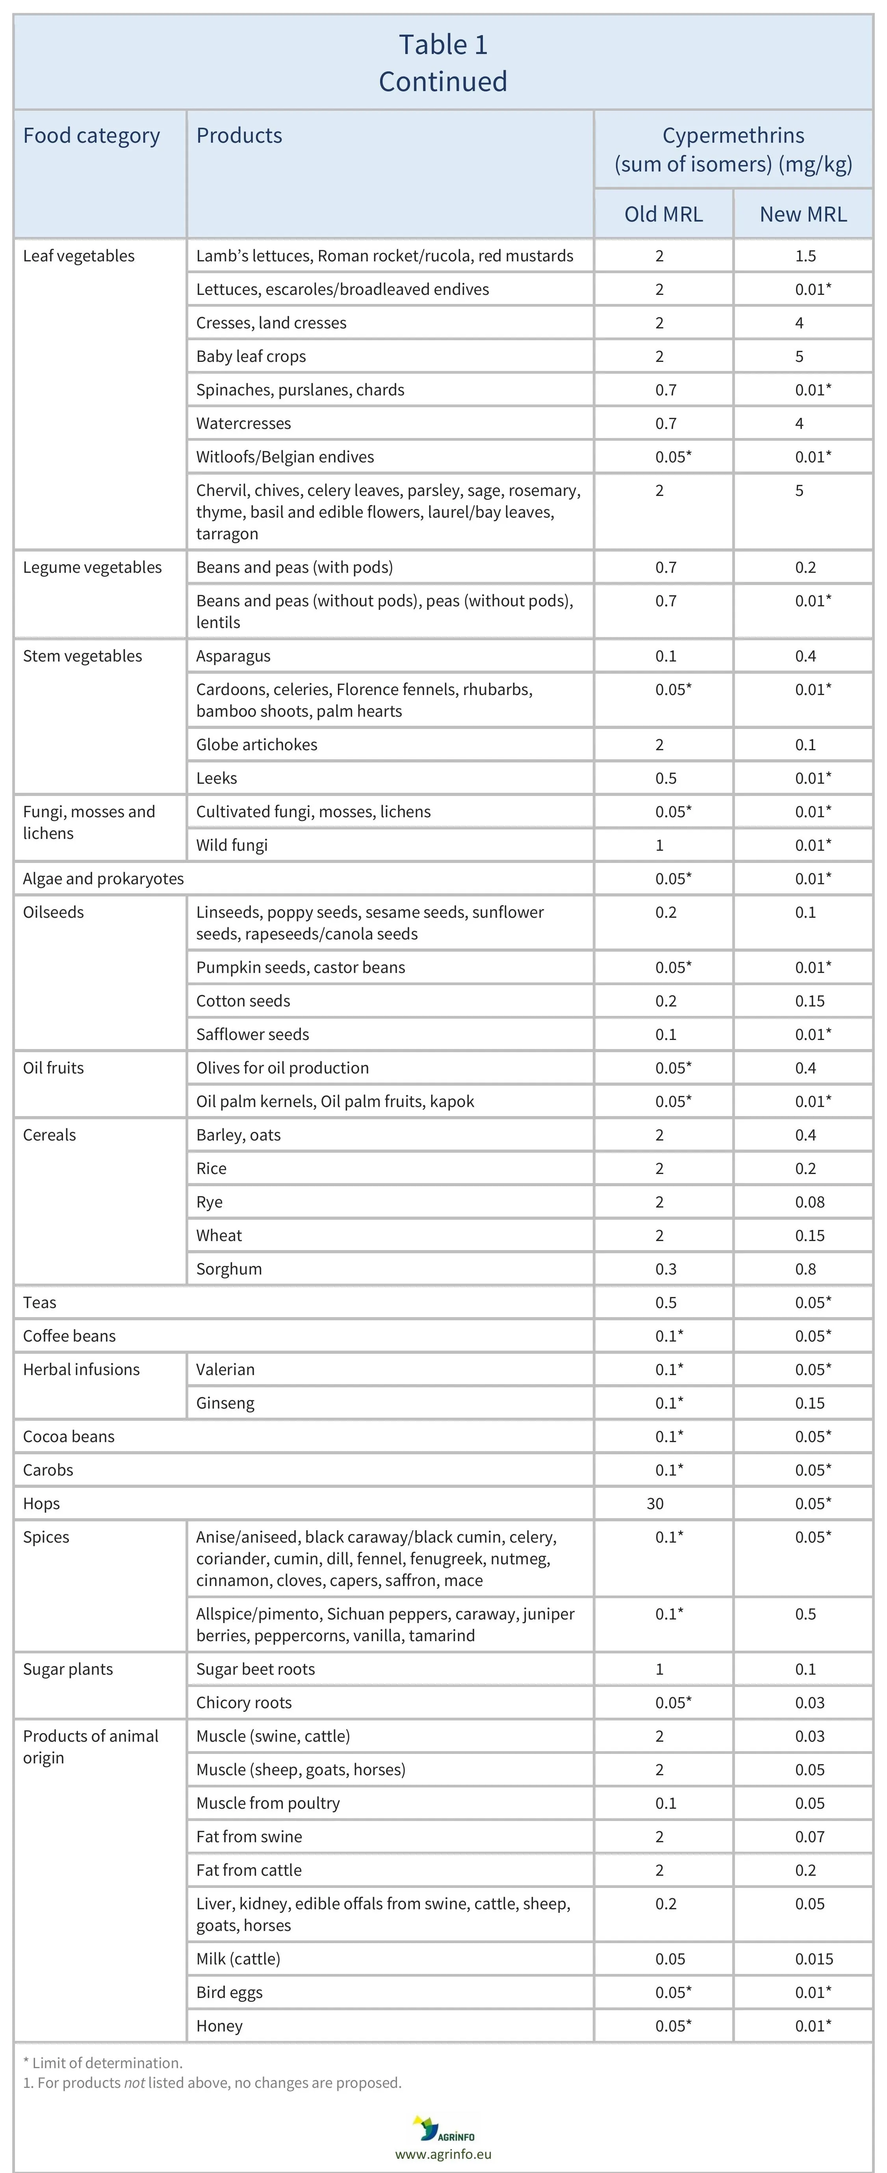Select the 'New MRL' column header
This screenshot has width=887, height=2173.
(x=803, y=214)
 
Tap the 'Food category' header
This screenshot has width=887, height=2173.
(x=91, y=136)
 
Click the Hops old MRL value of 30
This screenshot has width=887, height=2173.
(x=655, y=1503)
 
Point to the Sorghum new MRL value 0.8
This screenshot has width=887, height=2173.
(x=805, y=1269)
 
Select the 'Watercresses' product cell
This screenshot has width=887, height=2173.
(x=244, y=423)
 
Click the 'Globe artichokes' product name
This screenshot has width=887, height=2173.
(x=256, y=744)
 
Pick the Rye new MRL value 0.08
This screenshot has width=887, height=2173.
(x=809, y=1202)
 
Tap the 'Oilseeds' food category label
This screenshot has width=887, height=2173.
(x=53, y=912)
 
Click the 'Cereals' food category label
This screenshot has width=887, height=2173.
(x=49, y=1135)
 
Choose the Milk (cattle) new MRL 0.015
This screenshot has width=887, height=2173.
(x=814, y=1959)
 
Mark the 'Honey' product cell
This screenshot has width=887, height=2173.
(x=219, y=2026)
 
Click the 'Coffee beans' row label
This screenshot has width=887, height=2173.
(x=69, y=1335)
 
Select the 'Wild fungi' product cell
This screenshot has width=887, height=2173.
(x=232, y=844)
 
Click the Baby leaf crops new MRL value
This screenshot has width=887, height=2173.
(x=799, y=356)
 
